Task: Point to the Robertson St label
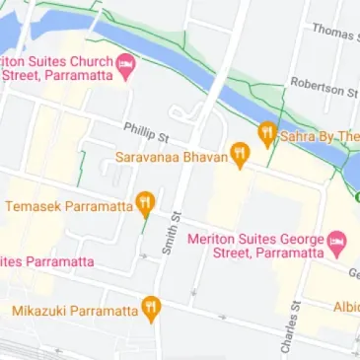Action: click(x=324, y=89)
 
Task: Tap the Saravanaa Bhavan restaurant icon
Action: click(x=239, y=154)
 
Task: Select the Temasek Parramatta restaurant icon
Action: click(x=145, y=206)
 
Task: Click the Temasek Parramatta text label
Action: click(x=69, y=207)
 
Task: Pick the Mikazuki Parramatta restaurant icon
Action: click(x=151, y=310)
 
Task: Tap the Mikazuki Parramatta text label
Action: click(x=75, y=311)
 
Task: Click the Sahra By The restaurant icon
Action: click(x=266, y=135)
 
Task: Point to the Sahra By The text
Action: click(x=319, y=136)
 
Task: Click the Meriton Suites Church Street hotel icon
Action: click(x=126, y=66)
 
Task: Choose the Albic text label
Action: click(x=345, y=306)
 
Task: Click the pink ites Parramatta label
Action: click(x=46, y=261)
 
